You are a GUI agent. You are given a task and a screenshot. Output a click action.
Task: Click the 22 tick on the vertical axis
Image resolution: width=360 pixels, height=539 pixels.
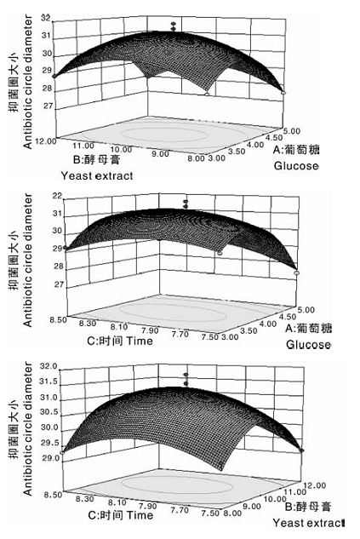(x=57, y=196)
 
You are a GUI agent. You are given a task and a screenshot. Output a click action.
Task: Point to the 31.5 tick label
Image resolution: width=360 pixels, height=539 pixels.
(x=49, y=381)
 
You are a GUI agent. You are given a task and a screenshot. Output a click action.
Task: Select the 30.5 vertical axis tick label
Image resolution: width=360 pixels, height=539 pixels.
(x=49, y=412)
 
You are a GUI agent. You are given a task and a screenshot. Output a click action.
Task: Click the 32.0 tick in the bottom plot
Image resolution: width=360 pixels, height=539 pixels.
(x=49, y=366)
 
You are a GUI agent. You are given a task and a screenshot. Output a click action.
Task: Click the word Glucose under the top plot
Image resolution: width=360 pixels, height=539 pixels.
(x=296, y=166)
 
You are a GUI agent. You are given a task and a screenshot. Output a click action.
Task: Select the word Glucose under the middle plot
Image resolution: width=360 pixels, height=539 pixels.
(x=308, y=344)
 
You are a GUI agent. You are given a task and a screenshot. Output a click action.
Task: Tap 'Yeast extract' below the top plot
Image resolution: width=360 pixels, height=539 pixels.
(x=97, y=175)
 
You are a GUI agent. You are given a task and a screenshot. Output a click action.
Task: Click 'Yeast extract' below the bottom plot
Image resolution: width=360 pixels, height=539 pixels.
(x=308, y=523)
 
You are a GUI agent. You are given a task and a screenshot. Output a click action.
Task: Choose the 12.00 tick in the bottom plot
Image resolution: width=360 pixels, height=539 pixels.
(x=315, y=485)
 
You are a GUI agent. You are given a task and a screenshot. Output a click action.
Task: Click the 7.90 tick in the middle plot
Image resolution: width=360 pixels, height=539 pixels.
(x=150, y=330)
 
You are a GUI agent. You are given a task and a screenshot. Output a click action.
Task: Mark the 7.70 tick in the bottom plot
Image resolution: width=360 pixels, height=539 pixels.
(x=180, y=509)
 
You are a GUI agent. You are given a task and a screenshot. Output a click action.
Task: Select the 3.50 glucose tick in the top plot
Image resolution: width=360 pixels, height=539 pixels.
(x=237, y=152)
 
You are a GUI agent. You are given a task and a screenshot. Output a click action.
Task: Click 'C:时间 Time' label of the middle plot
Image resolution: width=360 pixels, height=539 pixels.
(x=120, y=341)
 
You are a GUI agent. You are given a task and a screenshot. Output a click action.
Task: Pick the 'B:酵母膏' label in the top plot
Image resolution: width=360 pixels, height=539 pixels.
(x=97, y=159)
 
